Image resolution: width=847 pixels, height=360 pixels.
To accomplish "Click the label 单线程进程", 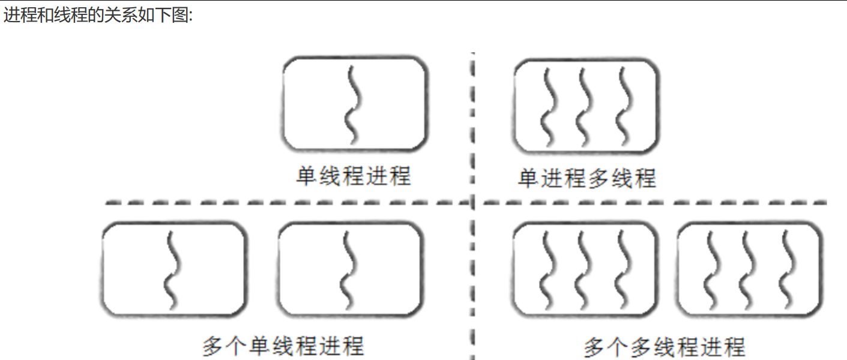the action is pyautogui.click(x=354, y=176).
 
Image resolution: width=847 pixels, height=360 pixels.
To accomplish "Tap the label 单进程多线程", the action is pyautogui.click(x=586, y=178).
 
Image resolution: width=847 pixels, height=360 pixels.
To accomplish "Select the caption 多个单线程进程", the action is pyautogui.click(x=283, y=346).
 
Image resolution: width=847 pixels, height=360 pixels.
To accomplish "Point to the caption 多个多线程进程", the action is pyautogui.click(x=665, y=347).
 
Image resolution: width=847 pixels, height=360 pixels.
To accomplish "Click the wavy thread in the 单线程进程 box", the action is pyautogui.click(x=354, y=103).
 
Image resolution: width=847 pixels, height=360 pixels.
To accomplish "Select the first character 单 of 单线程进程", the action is pyautogui.click(x=308, y=176).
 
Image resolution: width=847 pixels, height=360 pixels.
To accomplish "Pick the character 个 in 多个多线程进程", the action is pyautogui.click(x=618, y=347).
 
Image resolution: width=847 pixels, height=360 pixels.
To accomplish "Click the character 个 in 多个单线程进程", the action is pyautogui.click(x=237, y=346).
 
